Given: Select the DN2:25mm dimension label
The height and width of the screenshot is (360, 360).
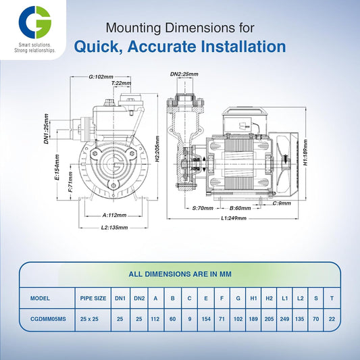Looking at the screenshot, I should point(183,74).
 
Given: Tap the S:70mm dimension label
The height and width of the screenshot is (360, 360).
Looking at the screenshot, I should point(203,208).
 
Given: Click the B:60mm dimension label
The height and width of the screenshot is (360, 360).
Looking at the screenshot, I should point(240,208).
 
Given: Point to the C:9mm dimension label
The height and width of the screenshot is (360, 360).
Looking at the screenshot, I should point(283,203).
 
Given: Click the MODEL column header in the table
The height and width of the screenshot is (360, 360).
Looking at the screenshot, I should point(40,297).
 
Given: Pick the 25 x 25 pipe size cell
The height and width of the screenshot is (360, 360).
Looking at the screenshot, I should point(93,317).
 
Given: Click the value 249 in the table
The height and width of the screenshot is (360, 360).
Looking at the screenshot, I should point(285,317).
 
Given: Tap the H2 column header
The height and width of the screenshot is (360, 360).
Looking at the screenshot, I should point(269,297).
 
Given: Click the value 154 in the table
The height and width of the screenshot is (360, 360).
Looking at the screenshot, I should point(205,317).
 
